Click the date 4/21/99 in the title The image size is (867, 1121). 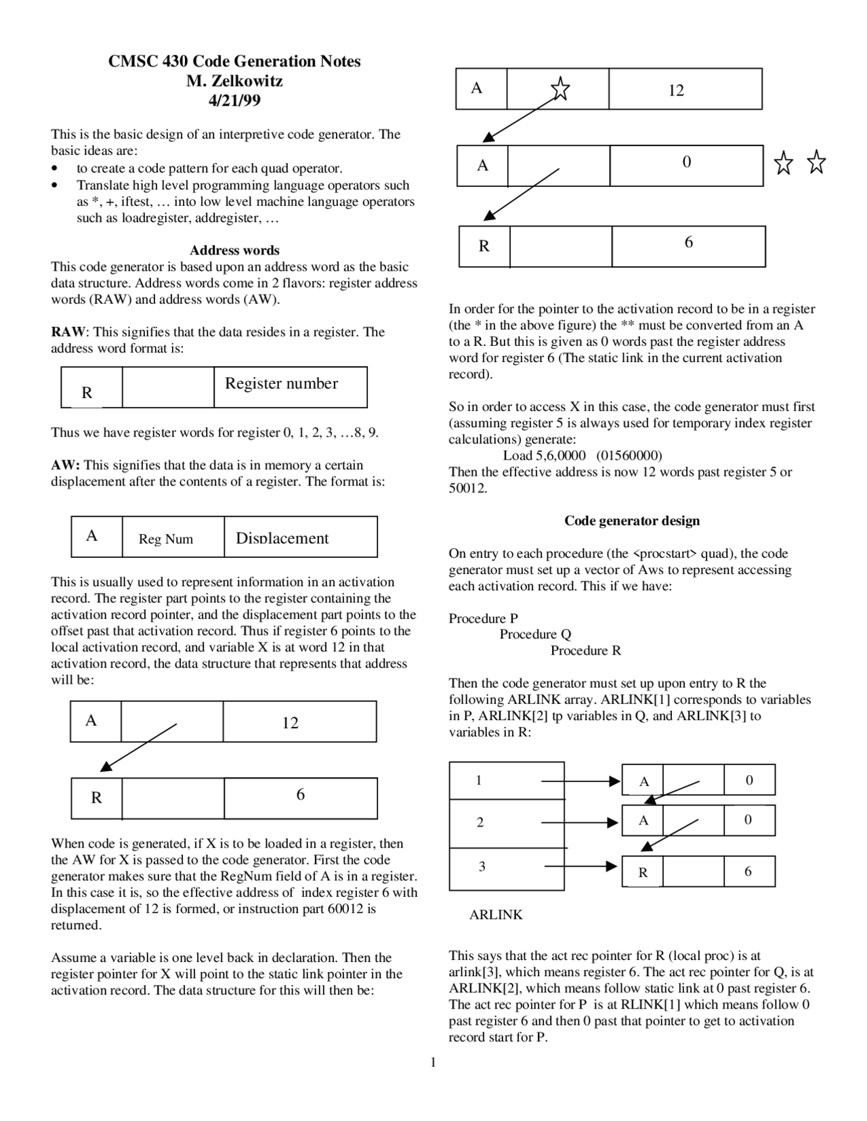234,101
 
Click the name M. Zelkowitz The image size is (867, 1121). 234,81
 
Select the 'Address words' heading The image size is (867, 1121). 234,250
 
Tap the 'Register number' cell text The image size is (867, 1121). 281,384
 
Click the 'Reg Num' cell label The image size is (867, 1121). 166,540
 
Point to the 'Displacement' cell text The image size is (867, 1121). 282,539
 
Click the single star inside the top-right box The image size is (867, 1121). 560,89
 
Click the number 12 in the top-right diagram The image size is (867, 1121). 676,91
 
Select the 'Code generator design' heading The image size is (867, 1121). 632,521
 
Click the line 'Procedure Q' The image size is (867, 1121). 535,634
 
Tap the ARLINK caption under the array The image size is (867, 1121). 496,915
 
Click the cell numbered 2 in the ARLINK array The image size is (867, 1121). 480,822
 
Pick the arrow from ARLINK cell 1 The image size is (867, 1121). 580,781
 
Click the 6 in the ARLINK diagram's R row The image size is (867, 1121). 748,872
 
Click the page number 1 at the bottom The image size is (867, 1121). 433,1062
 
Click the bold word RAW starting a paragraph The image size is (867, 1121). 68,332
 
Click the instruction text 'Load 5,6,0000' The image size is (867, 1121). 544,456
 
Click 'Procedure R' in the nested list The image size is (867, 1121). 585,651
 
